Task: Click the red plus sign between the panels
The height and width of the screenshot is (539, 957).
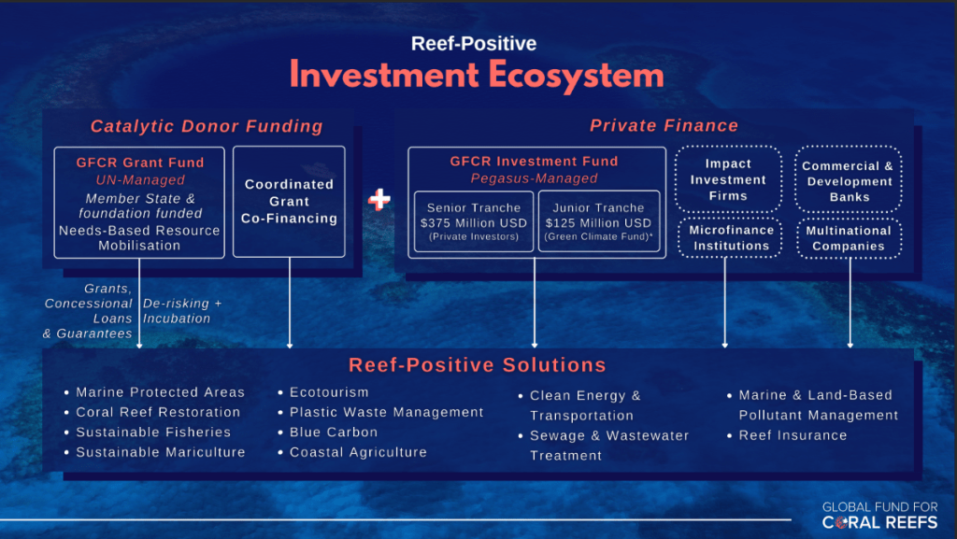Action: (x=379, y=199)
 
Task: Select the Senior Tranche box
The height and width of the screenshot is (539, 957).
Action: (x=474, y=221)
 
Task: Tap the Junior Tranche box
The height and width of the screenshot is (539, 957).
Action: (x=599, y=221)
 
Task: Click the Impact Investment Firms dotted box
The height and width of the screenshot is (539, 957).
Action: (x=728, y=179)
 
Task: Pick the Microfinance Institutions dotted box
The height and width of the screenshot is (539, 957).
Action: (x=731, y=238)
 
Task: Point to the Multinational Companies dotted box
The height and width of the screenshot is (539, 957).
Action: (x=849, y=238)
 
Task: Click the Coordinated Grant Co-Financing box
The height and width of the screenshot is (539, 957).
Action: (x=290, y=202)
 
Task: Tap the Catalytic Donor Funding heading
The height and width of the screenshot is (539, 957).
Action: (x=207, y=126)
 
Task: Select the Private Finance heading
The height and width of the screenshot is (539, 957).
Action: (x=664, y=125)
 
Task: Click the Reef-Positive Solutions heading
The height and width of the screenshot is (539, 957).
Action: (x=478, y=364)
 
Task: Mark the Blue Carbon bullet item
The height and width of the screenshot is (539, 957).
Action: (x=328, y=433)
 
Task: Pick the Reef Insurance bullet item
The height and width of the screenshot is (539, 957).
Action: (x=787, y=435)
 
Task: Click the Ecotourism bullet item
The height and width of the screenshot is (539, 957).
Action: (x=323, y=392)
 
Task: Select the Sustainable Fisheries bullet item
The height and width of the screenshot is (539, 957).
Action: (x=148, y=433)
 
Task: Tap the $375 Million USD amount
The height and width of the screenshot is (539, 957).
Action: (x=474, y=223)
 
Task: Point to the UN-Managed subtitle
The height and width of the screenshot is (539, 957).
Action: (x=140, y=180)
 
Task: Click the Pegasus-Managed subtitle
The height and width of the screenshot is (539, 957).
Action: (x=534, y=178)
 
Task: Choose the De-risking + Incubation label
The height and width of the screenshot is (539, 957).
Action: (x=182, y=311)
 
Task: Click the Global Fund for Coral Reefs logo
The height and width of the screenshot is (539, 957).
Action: (x=879, y=516)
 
